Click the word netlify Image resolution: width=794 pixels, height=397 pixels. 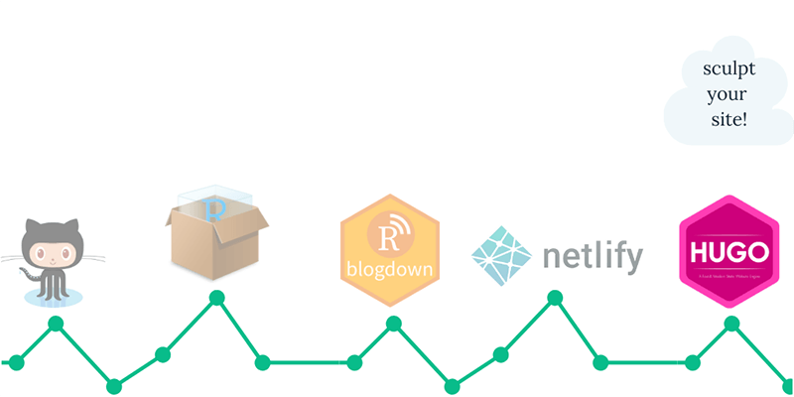593,256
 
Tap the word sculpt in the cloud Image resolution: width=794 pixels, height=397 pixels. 728,70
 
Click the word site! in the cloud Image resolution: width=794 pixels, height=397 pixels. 728,118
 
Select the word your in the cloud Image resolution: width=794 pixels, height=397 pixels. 728,95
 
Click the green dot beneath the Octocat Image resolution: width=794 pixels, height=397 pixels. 56,324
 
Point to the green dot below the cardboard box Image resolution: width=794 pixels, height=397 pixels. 216,297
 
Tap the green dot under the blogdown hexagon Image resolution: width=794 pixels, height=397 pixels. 393,323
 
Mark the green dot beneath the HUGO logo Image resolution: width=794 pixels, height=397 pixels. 731,323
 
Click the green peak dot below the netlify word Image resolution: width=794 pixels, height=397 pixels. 555,297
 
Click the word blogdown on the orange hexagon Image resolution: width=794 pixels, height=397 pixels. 390,269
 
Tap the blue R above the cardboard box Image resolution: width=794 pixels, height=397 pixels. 212,208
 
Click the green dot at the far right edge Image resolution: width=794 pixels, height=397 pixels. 787,385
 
